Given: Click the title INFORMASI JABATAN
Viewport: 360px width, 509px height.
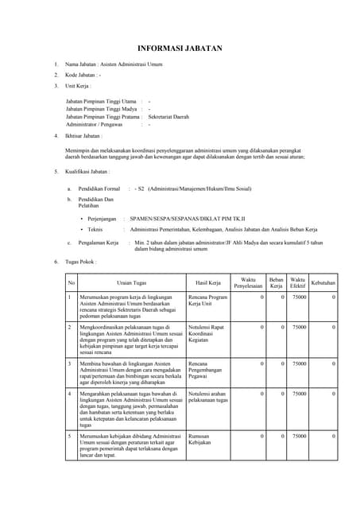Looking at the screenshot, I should coord(180,48).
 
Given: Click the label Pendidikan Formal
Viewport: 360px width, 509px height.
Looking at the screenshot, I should coord(99,188).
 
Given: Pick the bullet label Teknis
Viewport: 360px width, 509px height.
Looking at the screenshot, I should coord(100,228).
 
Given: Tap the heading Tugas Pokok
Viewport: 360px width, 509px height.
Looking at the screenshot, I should coord(82,262).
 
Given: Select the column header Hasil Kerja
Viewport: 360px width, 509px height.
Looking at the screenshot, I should coord(206,282).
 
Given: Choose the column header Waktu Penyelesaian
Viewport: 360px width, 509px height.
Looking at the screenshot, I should coord(248,282).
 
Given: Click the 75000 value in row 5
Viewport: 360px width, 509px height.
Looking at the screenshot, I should coord(298,436).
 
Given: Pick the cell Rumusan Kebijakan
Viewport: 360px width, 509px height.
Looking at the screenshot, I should coord(203,440).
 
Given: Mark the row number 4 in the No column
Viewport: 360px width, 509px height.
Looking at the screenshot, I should coord(70,393).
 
